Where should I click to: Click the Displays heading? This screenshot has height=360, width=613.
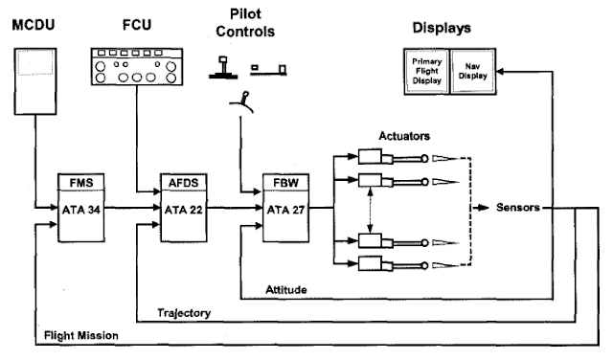(447, 27)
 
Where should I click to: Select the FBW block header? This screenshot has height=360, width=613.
(284, 183)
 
